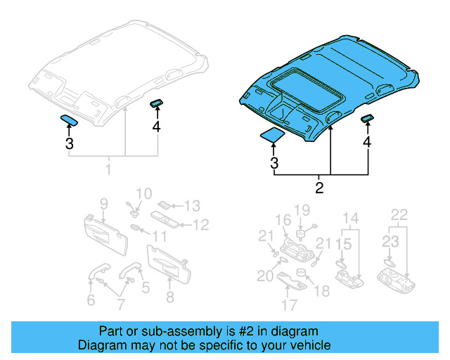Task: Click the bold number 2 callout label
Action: click(x=319, y=188)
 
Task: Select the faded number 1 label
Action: click(x=108, y=170)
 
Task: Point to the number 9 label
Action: click(x=103, y=204)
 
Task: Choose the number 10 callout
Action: click(x=143, y=193)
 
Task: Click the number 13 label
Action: click(x=192, y=205)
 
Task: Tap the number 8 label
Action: click(x=169, y=297)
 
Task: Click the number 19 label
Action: click(x=302, y=210)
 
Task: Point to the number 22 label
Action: click(x=399, y=214)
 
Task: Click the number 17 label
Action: click(x=289, y=306)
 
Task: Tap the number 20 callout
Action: click(x=265, y=276)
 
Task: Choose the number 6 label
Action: click(x=91, y=300)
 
